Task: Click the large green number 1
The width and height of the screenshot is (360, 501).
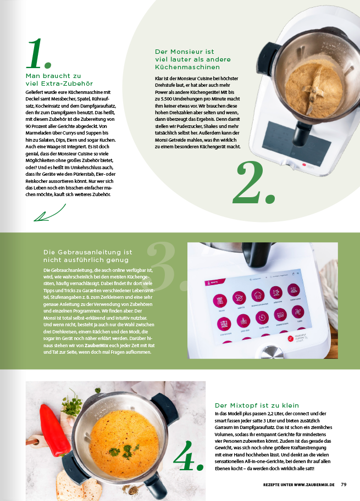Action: pos(38,53)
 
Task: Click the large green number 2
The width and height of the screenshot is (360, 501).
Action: pos(254,182)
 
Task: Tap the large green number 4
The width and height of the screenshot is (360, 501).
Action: pos(188,456)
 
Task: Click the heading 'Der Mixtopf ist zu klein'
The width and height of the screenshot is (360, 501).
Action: pos(257,405)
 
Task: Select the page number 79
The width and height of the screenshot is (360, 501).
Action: pos(344,485)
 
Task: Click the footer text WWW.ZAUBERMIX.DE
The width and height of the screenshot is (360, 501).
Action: pos(314,485)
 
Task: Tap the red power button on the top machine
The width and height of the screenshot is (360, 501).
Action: pos(304,165)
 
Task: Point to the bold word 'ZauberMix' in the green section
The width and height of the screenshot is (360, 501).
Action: pos(96,346)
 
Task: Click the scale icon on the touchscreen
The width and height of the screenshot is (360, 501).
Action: pos(220,300)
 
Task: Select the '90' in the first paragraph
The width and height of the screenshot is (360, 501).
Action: pos(28,126)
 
